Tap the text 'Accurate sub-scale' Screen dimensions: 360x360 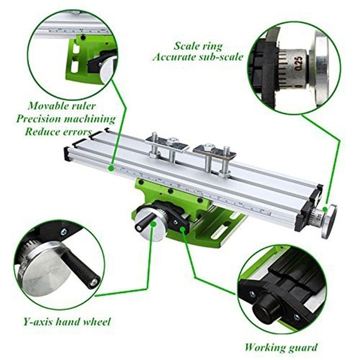(x=198, y=56)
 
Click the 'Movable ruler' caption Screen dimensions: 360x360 (x=61, y=105)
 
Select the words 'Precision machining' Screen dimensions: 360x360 (x=65, y=119)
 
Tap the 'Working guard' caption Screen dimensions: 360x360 (x=280, y=346)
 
